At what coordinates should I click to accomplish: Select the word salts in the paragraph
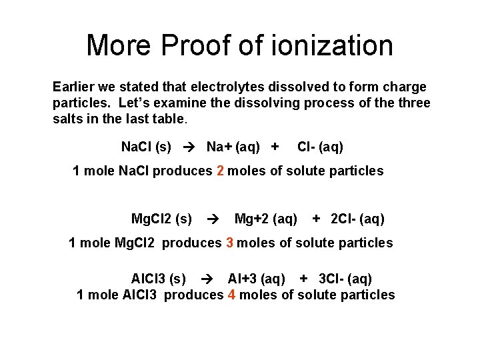click(68, 119)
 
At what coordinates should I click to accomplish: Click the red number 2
click(220, 171)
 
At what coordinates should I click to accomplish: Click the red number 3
click(229, 243)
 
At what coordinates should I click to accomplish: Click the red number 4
click(231, 295)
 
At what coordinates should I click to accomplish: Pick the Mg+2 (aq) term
click(266, 219)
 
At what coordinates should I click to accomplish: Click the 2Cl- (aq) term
click(357, 219)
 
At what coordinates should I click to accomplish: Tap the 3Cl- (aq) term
click(345, 279)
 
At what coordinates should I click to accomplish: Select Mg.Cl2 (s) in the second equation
click(161, 219)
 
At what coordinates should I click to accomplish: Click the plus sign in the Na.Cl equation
click(274, 147)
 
